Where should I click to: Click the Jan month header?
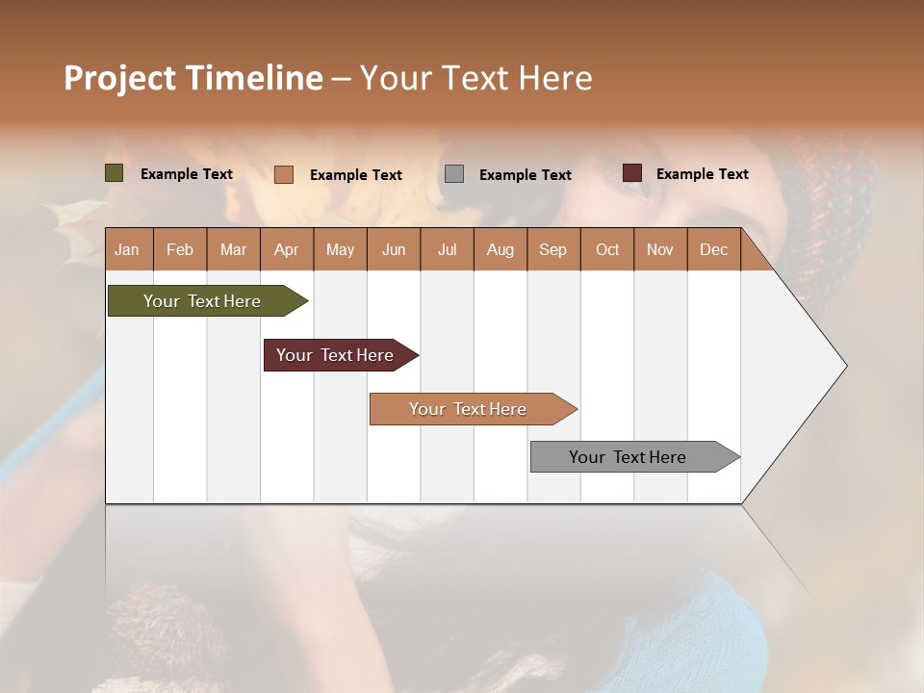point(127,249)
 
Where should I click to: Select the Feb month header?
point(180,249)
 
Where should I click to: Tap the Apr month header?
point(286,249)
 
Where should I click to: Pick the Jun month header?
point(394,249)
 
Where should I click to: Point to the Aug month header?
point(500,249)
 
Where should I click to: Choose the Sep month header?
point(552,249)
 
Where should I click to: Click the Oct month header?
point(607,249)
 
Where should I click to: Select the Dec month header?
point(713,249)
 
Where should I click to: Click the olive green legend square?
point(115,173)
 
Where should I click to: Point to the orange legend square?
point(284,174)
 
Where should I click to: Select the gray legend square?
point(454,173)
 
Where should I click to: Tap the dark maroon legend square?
point(632,173)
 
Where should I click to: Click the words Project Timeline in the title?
point(193,78)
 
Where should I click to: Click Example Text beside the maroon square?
point(702,174)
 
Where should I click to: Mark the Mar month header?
point(233,249)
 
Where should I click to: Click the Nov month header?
point(659,249)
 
